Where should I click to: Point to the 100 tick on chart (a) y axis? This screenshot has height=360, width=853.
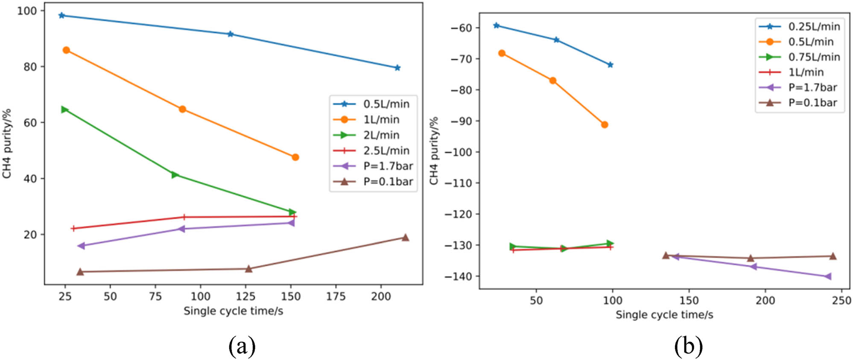(26, 11)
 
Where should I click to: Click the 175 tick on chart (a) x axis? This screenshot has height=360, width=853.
(336, 296)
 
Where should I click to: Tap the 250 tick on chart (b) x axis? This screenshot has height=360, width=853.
(841, 300)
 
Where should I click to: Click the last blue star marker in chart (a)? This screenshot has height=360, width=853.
(397, 68)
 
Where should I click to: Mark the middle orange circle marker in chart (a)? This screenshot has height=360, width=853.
(182, 109)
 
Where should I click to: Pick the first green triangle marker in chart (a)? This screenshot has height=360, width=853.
(64, 110)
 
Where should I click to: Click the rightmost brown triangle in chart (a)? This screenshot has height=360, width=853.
(405, 237)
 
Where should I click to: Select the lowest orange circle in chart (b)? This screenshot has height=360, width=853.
(605, 125)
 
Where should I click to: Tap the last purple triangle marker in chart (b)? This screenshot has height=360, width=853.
(828, 277)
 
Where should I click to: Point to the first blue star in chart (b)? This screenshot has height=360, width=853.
(496, 26)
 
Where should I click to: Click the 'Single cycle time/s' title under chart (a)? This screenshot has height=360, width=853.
(233, 311)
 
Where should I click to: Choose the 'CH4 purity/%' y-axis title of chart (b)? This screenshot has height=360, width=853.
(434, 150)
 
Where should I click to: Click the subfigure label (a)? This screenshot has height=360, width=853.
(242, 346)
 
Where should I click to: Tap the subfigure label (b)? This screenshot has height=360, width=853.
(688, 346)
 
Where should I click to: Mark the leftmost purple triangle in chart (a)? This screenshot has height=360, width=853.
(81, 246)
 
